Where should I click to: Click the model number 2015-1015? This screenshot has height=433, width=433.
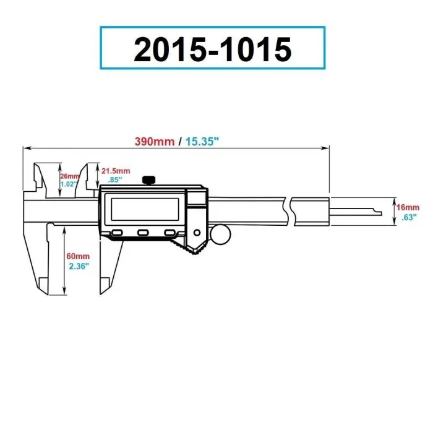point(212,48)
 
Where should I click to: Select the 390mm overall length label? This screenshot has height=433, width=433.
point(155,141)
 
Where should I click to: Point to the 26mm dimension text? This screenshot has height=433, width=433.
point(70,176)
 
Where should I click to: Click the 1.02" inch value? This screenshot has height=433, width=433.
point(70,184)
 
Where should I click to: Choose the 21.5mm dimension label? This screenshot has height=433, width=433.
point(116,171)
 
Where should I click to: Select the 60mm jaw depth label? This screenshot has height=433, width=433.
point(79,256)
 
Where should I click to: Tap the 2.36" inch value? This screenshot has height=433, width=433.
point(79,265)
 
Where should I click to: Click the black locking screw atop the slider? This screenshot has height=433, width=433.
point(148,180)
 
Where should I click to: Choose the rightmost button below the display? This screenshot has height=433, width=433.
point(170,233)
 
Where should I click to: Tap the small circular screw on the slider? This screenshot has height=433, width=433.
point(197,233)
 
